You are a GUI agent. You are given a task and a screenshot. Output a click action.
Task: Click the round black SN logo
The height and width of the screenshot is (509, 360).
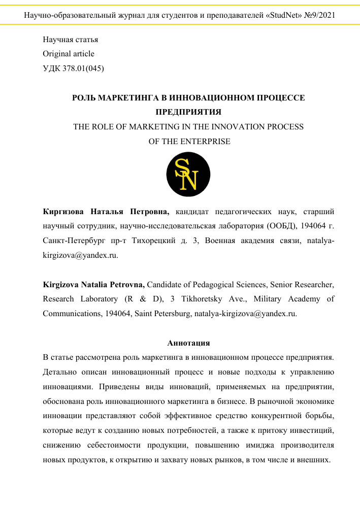tap(188, 174)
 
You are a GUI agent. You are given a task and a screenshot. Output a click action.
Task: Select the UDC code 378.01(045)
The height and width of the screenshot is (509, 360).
tap(83, 68)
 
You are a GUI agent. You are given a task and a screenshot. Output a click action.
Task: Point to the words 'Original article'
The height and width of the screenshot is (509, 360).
tap(69, 54)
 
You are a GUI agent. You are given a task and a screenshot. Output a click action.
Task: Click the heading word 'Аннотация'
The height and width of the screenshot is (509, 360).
tap(188, 344)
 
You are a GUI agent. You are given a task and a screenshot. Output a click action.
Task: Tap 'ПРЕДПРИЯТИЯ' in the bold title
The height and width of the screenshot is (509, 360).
tap(189, 112)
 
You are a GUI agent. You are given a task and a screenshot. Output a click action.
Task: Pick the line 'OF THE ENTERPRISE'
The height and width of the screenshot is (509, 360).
tap(189, 141)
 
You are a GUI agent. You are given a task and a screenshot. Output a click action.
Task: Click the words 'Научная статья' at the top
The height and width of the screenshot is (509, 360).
tap(71, 40)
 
